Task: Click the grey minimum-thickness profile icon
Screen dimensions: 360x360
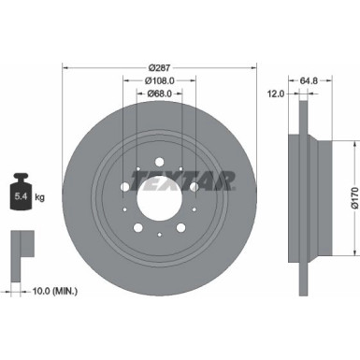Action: [x=21, y=248]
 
